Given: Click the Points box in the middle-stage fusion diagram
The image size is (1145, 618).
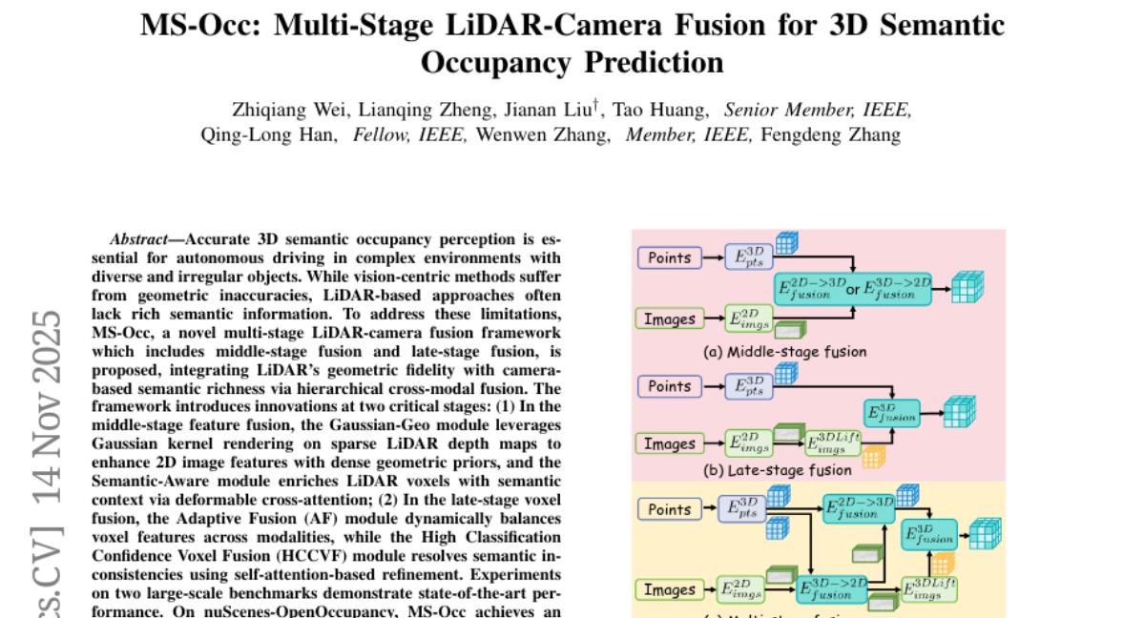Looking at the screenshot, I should tap(669, 257).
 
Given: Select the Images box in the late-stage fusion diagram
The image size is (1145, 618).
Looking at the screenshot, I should tap(669, 443).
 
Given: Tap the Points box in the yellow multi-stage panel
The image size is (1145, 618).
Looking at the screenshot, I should tap(669, 509).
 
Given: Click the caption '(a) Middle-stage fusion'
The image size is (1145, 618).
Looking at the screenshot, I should tap(784, 352).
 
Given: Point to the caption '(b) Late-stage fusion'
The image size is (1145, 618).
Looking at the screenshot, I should tap(777, 469).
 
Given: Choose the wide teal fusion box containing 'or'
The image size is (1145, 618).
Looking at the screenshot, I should tap(855, 290).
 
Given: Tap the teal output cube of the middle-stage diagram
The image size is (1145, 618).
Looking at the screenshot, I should tap(968, 286).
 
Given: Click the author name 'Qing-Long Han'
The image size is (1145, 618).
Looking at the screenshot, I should tap(268, 134).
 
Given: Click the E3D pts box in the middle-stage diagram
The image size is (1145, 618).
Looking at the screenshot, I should tap(749, 257).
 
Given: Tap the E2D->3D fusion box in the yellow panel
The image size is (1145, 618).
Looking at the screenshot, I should tap(859, 506).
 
